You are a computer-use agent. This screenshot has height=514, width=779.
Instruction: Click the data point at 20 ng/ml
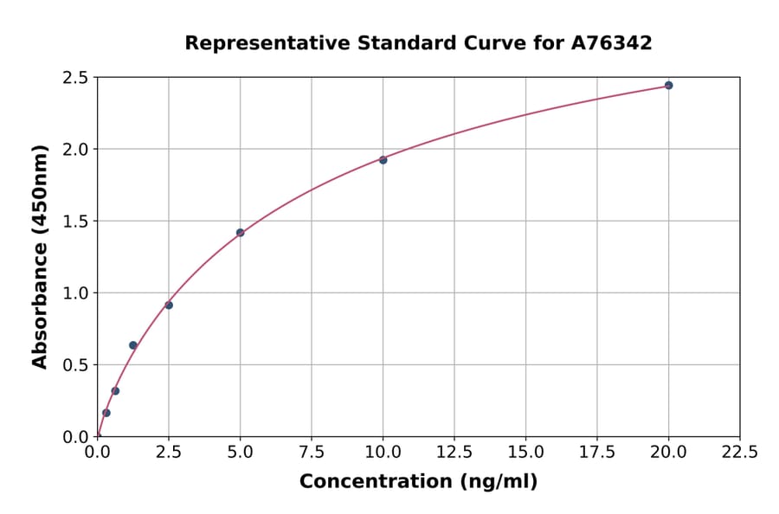click(x=668, y=86)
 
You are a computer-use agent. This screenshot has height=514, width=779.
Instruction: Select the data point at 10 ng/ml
click(x=383, y=160)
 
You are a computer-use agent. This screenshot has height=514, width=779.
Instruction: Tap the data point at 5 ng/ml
click(x=241, y=233)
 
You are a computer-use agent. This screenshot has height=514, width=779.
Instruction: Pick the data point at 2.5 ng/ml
click(x=169, y=305)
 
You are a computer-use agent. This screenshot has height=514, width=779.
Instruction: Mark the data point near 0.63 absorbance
click(x=133, y=345)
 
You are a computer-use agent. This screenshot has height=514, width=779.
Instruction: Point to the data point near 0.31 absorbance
click(x=115, y=391)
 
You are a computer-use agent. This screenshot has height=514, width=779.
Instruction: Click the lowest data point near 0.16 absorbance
click(x=106, y=413)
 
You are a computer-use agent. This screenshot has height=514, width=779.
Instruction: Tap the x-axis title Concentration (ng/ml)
click(x=418, y=482)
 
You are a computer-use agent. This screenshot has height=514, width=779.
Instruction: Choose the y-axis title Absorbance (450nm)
click(x=40, y=257)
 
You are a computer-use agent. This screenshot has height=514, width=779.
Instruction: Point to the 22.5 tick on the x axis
click(x=739, y=452)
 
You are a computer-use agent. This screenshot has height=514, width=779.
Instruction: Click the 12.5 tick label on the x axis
click(x=454, y=452)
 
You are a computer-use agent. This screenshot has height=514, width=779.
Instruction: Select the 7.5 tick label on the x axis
click(x=312, y=452)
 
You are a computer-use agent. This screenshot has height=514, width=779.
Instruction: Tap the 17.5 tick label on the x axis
click(x=597, y=452)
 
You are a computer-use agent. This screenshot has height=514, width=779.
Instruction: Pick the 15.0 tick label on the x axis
click(x=525, y=452)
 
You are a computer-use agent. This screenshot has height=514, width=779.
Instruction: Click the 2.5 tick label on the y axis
click(x=77, y=78)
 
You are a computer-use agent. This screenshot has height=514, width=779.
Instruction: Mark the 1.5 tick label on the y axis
click(x=77, y=222)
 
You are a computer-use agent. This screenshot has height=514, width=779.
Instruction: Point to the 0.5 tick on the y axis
click(x=77, y=365)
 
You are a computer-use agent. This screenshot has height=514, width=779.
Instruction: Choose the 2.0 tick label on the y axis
click(x=77, y=150)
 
